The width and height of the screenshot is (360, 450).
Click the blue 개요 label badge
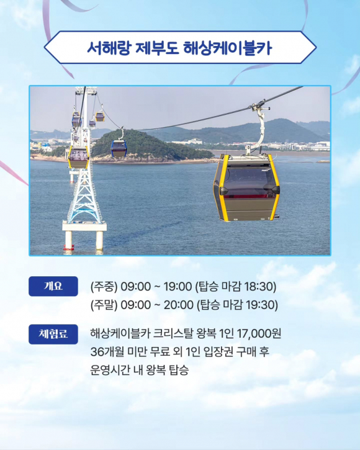53,286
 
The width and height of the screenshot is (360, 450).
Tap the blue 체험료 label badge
53,334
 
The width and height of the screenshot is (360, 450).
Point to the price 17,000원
260,334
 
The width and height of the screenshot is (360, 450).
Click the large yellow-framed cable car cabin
246,187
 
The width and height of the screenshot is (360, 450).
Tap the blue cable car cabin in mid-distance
119,148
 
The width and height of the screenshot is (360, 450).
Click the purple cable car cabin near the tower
79,156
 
